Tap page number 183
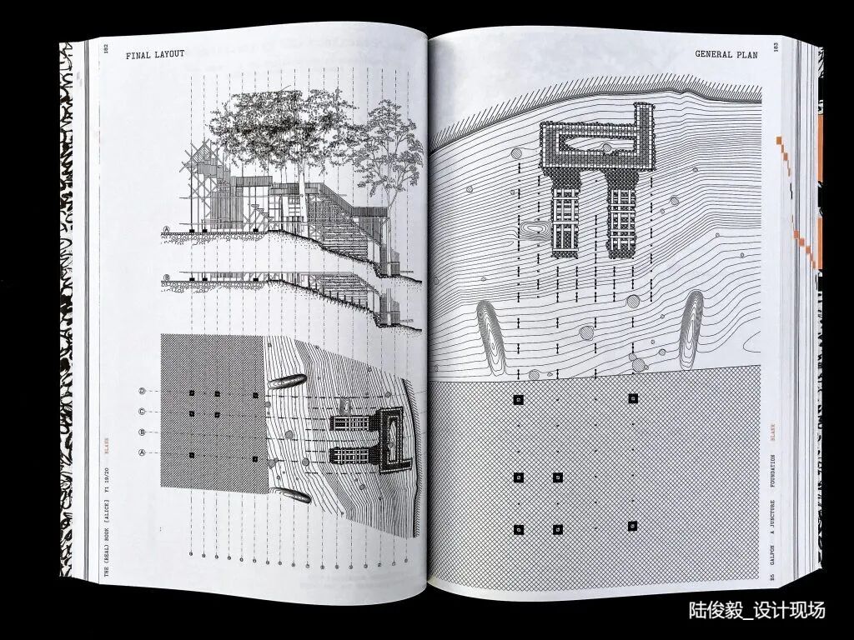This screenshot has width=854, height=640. tap(775, 47)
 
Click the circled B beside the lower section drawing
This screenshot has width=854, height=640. tap(167, 277)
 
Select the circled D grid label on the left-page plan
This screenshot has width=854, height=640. tap(142, 391)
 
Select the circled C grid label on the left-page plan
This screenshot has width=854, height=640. tap(142, 411)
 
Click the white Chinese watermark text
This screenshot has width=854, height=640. tap(757, 610)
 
